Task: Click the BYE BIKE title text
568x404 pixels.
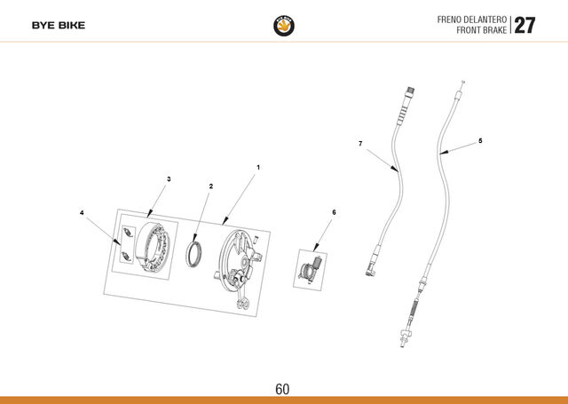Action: pyautogui.click(x=59, y=26)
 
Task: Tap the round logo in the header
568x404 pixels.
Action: pyautogui.click(x=284, y=26)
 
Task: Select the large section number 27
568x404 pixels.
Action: pyautogui.click(x=525, y=26)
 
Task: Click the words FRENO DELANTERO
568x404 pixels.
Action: pyautogui.click(x=471, y=20)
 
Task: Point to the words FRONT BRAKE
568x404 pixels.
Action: pyautogui.click(x=481, y=30)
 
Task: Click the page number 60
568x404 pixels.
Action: pyautogui.click(x=282, y=389)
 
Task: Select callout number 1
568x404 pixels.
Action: pyautogui.click(x=258, y=168)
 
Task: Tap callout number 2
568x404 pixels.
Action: pyautogui.click(x=211, y=186)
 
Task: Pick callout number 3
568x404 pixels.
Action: pyautogui.click(x=169, y=179)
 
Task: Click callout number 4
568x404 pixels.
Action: pyautogui.click(x=82, y=212)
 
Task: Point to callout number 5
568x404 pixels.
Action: pyautogui.click(x=480, y=140)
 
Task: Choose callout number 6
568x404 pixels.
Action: pyautogui.click(x=334, y=212)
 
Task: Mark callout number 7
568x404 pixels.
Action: pyautogui.click(x=360, y=144)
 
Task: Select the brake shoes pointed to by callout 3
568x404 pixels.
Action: pyautogui.click(x=152, y=247)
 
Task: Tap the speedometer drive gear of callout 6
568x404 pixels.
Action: pyautogui.click(x=310, y=270)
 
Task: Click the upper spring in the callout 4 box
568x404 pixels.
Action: pyautogui.click(x=128, y=233)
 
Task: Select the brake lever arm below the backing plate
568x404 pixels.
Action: pyautogui.click(x=242, y=297)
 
